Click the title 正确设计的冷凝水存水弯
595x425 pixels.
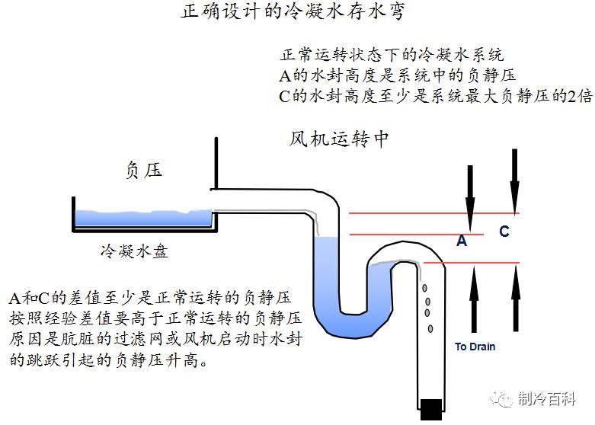293,14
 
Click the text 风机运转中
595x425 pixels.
339,140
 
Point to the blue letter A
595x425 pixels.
461,241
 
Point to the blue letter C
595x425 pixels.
504,232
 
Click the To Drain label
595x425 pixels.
475,347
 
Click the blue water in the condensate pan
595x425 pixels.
145,219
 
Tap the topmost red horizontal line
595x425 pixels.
434,213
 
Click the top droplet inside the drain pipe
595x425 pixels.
425,288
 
